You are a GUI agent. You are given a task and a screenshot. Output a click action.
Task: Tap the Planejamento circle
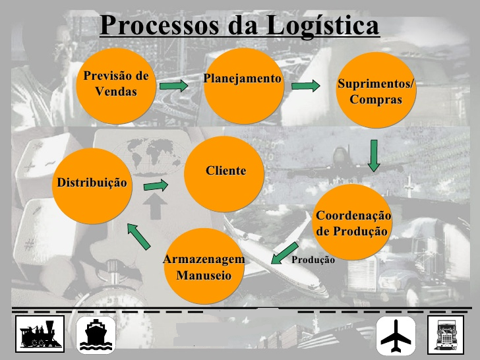243,82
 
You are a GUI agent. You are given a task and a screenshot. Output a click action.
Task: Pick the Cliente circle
225,174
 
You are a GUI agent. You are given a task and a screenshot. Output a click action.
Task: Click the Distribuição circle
92,185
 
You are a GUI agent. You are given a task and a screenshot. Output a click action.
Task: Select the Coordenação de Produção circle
353,223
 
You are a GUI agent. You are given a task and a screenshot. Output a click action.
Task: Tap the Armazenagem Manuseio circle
204,267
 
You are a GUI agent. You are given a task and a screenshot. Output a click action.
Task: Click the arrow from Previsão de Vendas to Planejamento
173,85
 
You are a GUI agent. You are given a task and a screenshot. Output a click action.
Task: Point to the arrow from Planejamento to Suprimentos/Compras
305,86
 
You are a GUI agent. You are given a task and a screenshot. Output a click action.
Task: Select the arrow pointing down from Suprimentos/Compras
374,156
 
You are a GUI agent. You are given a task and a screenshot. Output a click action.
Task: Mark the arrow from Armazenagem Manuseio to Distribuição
138,235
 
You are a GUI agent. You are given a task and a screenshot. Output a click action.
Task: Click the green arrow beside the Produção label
284,253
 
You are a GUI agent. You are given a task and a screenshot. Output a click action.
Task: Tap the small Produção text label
313,260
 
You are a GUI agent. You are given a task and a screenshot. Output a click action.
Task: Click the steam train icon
40,334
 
